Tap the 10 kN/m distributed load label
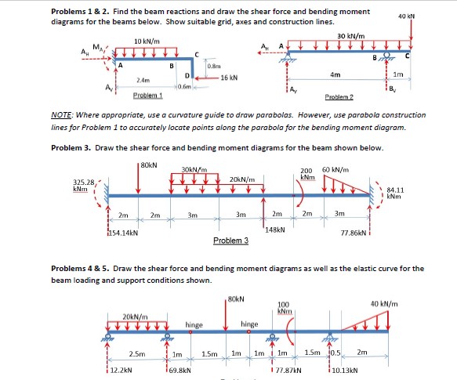pyautogui.click(x=147, y=42)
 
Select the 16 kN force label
pyautogui.click(x=229, y=79)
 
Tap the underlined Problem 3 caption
pyautogui.click(x=230, y=241)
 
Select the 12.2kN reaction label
pyautogui.click(x=121, y=368)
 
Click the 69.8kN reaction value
pyautogui.click(x=182, y=368)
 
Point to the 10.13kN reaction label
pyautogui.click(x=343, y=368)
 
